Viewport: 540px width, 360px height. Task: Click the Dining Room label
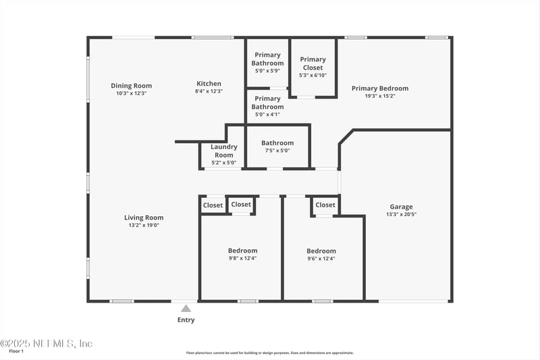tap(131, 86)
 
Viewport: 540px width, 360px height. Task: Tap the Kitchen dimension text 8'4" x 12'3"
tap(209, 91)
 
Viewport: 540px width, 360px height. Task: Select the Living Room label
tap(144, 217)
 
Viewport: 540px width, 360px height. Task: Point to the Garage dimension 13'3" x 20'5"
tap(401, 215)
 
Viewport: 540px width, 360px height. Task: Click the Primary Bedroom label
tap(379, 88)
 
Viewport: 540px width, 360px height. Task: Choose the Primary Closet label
tap(313, 63)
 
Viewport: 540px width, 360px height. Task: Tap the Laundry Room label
tap(223, 151)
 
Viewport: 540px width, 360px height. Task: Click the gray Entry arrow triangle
tap(186, 308)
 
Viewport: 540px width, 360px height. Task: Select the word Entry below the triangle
tap(186, 320)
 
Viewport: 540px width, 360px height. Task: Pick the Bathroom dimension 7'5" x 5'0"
tap(277, 151)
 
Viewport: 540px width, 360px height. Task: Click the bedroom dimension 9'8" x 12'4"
tap(242, 258)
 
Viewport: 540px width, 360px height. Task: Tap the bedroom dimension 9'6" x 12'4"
tap(321, 258)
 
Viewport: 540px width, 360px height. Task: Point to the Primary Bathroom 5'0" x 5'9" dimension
tap(267, 71)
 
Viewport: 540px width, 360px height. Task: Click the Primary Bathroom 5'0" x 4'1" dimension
tap(267, 114)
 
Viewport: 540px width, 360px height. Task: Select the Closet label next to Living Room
tap(213, 205)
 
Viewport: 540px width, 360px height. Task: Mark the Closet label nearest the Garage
tap(325, 205)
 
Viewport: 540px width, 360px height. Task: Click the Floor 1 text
tap(16, 351)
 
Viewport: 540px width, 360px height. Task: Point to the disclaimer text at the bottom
tap(269, 353)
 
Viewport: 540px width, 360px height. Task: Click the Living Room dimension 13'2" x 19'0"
tap(144, 225)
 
